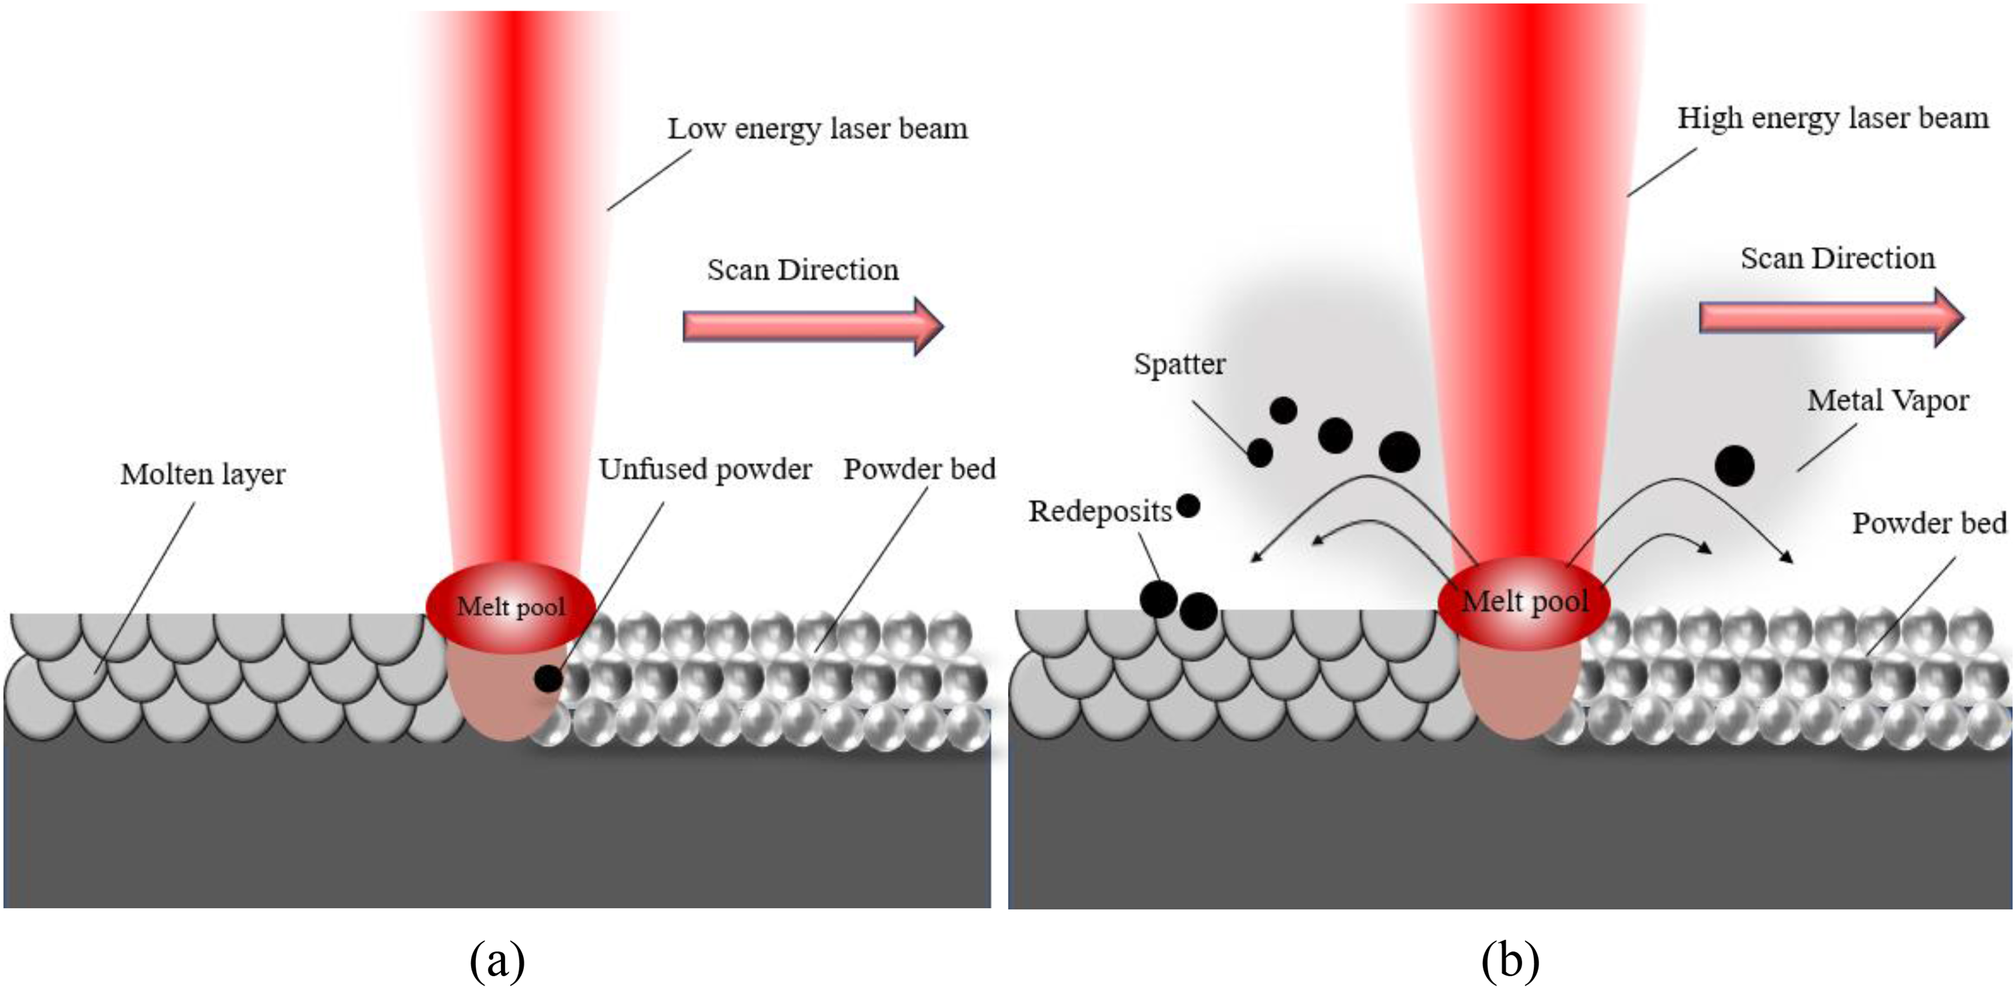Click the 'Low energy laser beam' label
click(817, 129)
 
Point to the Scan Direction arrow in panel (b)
click(1831, 317)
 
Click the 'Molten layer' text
click(203, 474)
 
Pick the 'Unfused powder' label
click(705, 469)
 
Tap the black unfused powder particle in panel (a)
click(548, 678)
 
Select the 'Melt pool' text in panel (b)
click(1525, 601)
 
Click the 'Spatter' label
click(1179, 364)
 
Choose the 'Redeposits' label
click(1099, 512)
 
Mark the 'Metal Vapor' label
click(1888, 400)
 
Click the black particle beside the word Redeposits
click(1188, 506)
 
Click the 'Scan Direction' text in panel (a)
click(803, 270)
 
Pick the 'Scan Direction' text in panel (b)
click(1838, 258)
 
